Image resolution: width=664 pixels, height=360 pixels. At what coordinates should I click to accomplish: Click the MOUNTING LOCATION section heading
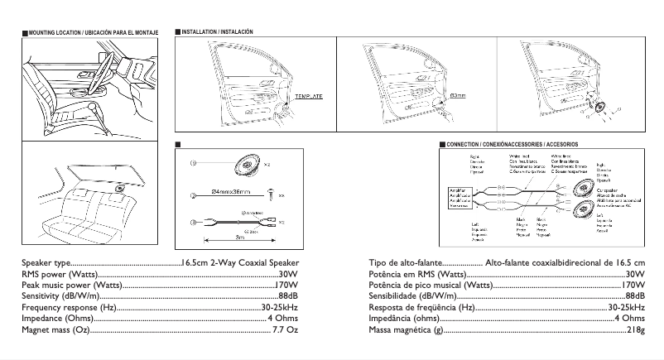[87, 32]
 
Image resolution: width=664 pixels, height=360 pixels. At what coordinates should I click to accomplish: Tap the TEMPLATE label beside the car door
[308, 97]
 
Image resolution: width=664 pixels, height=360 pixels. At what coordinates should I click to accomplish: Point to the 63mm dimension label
[457, 96]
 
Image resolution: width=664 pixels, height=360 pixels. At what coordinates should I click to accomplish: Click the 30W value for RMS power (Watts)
[289, 274]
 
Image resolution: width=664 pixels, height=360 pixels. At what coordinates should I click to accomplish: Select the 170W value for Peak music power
[286, 285]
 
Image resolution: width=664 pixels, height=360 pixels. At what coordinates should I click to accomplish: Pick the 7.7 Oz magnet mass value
[285, 330]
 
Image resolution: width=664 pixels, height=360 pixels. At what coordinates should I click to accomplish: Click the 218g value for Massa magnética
[635, 330]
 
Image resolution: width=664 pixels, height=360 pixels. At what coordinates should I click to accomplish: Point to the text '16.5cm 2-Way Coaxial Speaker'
[239, 262]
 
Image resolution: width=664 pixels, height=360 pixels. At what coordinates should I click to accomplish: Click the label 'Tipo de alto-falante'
[402, 262]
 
